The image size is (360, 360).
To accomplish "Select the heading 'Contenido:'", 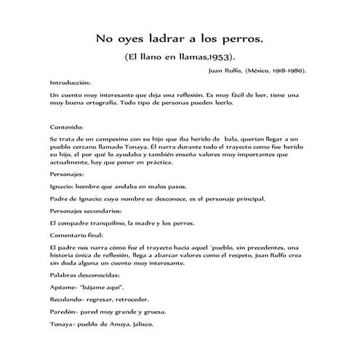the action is (65, 127).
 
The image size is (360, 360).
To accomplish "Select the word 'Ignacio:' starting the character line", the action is (63, 185).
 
